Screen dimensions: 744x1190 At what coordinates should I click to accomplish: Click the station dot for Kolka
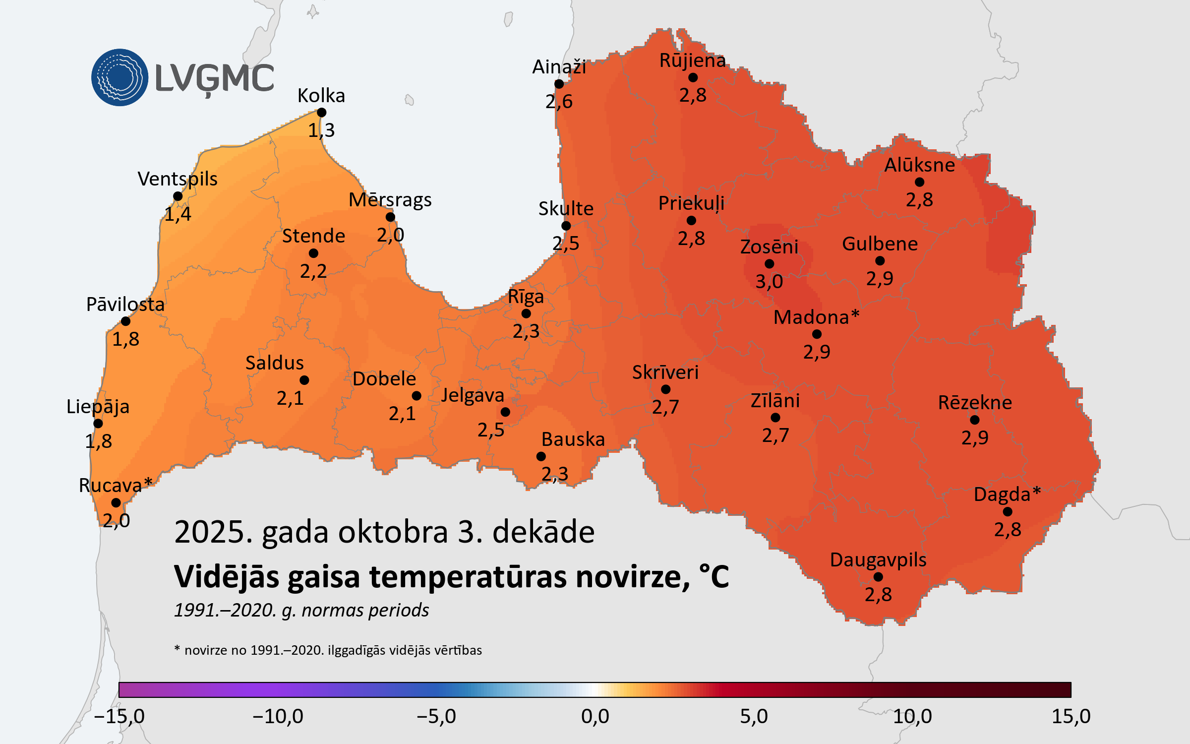click(x=321, y=113)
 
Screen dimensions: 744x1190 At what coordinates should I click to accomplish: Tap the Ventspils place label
click(x=178, y=179)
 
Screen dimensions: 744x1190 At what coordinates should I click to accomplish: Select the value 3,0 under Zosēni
click(x=769, y=282)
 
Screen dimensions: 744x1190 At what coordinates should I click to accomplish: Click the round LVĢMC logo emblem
click(x=119, y=77)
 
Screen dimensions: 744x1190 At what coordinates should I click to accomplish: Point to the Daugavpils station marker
click(x=878, y=577)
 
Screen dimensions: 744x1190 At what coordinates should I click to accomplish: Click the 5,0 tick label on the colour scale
click(x=754, y=716)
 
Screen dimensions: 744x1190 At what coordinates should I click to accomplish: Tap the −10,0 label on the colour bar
click(x=278, y=716)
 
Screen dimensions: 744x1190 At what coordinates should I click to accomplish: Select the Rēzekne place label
click(x=975, y=402)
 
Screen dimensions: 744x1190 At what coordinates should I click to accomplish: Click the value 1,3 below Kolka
click(x=321, y=130)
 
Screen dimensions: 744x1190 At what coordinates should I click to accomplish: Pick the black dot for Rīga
click(x=526, y=313)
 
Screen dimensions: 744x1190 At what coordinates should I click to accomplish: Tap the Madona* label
click(x=816, y=317)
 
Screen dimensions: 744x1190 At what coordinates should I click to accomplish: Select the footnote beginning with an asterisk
click(x=328, y=650)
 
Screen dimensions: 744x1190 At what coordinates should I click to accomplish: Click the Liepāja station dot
click(x=98, y=424)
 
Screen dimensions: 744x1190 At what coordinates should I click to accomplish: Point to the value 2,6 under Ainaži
click(x=559, y=102)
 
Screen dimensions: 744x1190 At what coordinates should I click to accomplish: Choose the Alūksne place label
click(x=919, y=165)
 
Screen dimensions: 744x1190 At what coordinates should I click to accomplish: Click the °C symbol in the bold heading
click(x=714, y=577)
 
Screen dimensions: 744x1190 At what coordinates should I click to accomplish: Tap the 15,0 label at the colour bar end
click(x=1071, y=716)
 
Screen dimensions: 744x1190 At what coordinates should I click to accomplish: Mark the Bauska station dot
click(x=541, y=456)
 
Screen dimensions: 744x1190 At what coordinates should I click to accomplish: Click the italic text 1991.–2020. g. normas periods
click(x=301, y=610)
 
